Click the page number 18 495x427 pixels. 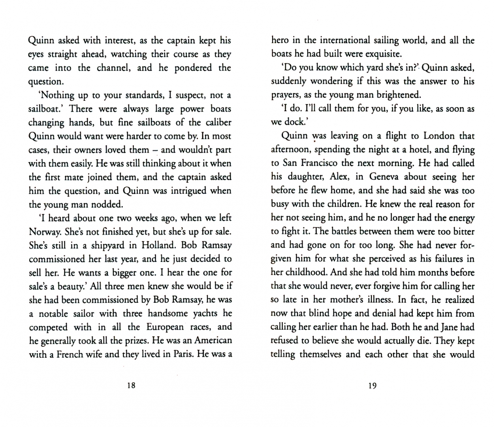131,385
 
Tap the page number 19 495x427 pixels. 372,385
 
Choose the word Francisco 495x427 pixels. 316,163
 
